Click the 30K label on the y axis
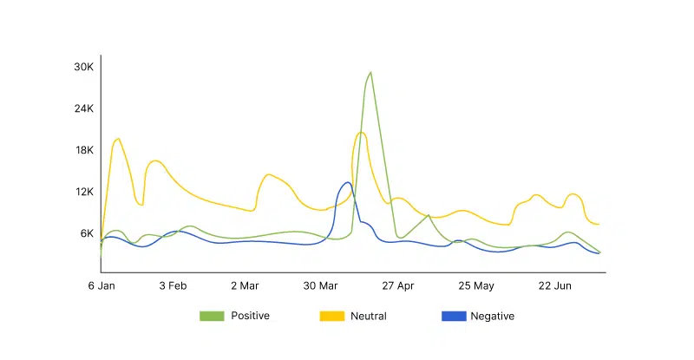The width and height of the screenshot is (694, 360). click(83, 67)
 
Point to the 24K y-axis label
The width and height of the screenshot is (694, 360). click(83, 108)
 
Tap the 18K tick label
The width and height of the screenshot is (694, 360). click(83, 150)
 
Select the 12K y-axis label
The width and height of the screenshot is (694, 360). click(83, 192)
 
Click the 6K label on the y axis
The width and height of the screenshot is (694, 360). click(86, 233)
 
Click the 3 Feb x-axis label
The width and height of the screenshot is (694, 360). click(173, 285)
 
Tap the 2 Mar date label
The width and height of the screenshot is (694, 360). click(246, 285)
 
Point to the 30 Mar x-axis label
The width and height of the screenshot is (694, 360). click(321, 285)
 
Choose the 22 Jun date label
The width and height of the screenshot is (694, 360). click(555, 285)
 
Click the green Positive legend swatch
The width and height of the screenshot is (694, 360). click(212, 317)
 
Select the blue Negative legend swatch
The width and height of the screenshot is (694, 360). click(452, 317)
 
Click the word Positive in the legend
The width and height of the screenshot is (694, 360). click(250, 317)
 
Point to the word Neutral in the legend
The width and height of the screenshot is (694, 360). click(369, 317)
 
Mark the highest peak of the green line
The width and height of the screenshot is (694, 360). click(370, 72)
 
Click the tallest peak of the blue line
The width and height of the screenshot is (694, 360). click(347, 182)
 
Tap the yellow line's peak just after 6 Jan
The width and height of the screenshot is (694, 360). click(117, 139)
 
